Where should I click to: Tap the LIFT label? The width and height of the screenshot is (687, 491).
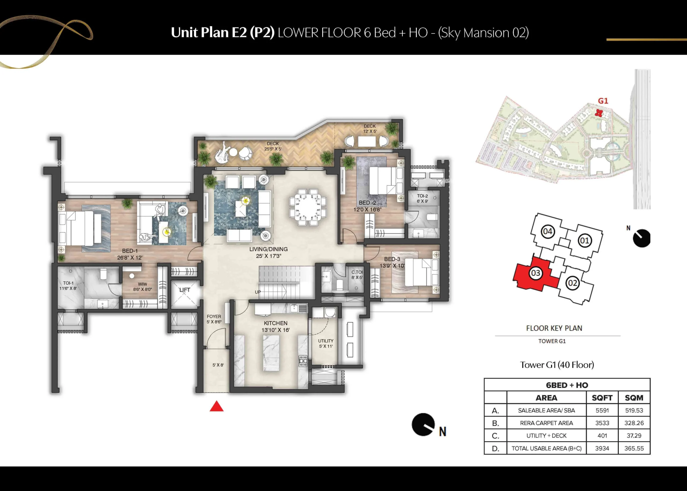(185, 290)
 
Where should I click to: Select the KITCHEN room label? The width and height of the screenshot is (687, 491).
(276, 323)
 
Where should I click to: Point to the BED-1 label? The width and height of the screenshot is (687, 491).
(130, 251)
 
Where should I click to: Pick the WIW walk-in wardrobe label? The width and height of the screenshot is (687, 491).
(142, 284)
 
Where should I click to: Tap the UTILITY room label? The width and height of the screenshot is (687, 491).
(326, 341)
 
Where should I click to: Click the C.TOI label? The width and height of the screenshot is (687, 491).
(357, 272)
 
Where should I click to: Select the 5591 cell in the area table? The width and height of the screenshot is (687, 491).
(602, 410)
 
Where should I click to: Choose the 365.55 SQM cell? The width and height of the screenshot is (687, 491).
(634, 448)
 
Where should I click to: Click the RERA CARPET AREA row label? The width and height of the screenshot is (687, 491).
(546, 423)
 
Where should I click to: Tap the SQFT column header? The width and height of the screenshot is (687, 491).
(602, 398)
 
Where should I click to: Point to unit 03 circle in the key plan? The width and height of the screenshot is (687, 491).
(535, 273)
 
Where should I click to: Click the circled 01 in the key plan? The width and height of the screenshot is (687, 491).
(584, 241)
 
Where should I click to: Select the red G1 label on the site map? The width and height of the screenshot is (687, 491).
(603, 101)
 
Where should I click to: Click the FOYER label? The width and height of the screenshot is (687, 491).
(214, 317)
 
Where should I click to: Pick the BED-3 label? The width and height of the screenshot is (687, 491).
(392, 259)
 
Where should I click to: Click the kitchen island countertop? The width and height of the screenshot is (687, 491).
(271, 352)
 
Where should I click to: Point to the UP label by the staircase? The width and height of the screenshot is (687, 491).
(258, 292)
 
